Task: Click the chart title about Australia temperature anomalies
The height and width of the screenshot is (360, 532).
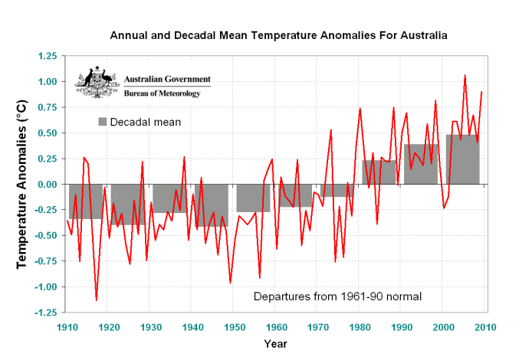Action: tap(279, 35)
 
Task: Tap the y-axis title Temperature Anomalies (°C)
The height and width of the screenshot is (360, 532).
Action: tap(22, 184)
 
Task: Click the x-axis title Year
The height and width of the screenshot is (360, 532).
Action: tap(276, 343)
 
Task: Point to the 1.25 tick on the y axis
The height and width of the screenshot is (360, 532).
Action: tap(47, 56)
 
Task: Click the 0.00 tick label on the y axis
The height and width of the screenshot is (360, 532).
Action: tap(47, 185)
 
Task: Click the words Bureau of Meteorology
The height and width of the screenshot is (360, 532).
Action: tap(162, 93)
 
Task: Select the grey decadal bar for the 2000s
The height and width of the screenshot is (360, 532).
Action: tap(463, 160)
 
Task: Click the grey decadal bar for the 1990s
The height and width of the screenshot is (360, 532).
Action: tap(421, 164)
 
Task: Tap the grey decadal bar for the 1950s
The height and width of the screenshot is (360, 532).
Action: tap(253, 198)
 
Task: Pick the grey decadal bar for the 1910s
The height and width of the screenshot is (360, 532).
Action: tap(85, 201)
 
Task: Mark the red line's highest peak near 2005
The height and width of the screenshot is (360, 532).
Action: tap(465, 75)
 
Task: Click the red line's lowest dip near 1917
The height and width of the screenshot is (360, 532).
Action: tap(97, 300)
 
